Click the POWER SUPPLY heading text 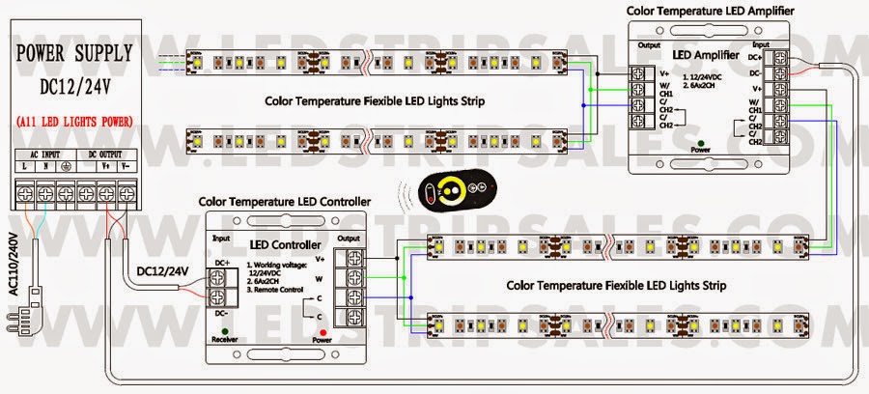coord(72,53)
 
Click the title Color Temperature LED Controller coord(285,202)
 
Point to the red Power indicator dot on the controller coord(319,331)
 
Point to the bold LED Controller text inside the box coord(285,244)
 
